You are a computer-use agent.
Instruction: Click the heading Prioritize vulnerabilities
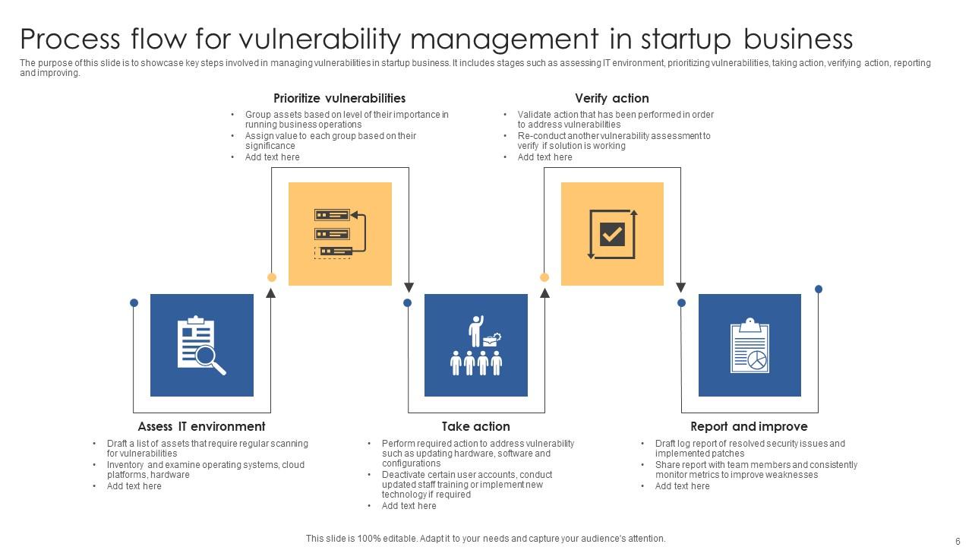[x=339, y=99]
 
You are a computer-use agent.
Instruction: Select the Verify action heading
[x=611, y=99]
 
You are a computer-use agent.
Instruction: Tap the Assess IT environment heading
[x=201, y=427]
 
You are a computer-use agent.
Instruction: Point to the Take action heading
[x=475, y=427]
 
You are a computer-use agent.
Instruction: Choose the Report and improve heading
[x=749, y=427]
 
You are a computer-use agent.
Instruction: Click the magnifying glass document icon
[x=201, y=346]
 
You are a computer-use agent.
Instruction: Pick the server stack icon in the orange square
[x=339, y=234]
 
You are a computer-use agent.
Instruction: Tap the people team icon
[x=475, y=346]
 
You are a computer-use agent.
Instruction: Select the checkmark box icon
[x=612, y=234]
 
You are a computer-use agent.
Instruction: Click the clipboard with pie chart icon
[x=750, y=346]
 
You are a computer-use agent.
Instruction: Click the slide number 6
[x=958, y=541]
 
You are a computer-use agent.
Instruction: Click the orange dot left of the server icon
[x=272, y=277]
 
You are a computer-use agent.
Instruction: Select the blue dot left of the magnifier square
[x=134, y=302]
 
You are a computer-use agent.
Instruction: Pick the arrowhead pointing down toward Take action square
[x=409, y=287]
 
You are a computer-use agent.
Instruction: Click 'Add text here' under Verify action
[x=544, y=157]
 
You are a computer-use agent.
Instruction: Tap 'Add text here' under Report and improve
[x=682, y=486]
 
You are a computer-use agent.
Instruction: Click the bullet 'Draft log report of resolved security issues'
[x=750, y=444]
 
